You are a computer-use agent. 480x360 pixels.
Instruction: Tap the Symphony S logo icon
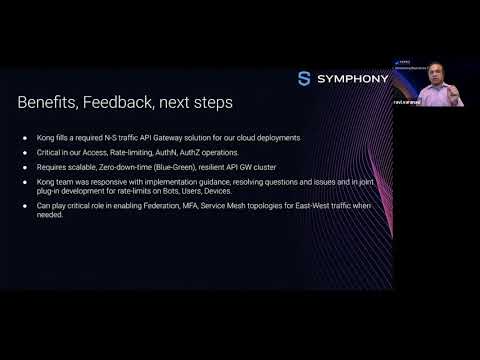click(304, 79)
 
